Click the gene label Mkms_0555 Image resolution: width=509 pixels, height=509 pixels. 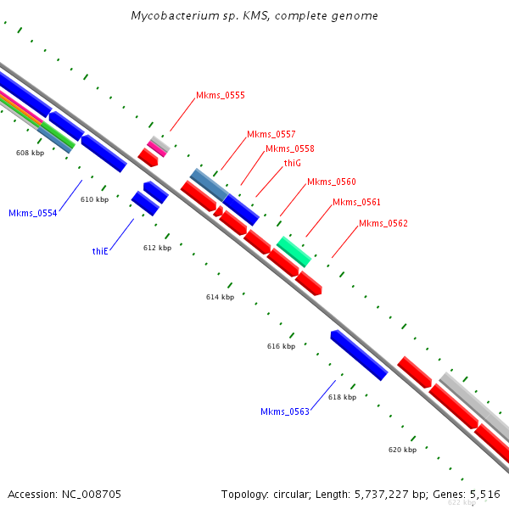[221, 95]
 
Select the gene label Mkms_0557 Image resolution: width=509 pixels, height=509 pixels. [271, 134]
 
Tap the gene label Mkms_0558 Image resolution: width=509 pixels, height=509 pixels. [290, 148]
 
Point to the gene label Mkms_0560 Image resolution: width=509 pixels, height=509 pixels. [332, 182]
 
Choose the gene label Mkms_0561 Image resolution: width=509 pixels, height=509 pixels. [357, 202]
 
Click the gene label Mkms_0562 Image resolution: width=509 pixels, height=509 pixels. [383, 223]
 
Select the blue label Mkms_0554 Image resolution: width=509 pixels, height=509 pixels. [33, 213]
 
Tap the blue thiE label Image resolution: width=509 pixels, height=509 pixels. [100, 251]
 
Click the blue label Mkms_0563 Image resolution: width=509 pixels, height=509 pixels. [285, 411]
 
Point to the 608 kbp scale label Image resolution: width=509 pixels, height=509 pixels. [30, 153]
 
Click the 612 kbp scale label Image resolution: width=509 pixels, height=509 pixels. [158, 248]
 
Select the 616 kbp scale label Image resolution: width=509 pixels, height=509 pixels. [281, 346]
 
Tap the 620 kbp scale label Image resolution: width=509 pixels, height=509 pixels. [402, 450]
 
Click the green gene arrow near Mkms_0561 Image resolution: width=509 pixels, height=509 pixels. [294, 252]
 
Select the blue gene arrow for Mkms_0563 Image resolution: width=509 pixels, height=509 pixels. [359, 355]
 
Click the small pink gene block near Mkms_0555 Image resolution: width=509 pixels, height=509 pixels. [157, 148]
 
